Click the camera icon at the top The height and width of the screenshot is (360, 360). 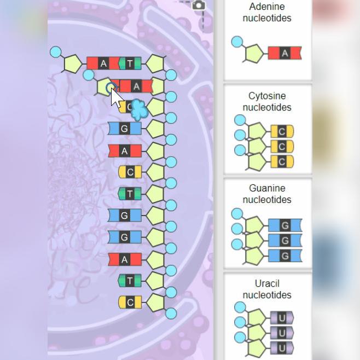[199, 5]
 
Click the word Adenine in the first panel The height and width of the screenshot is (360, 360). [267, 7]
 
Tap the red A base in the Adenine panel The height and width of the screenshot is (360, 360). [284, 53]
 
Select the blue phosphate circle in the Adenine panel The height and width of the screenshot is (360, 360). [237, 42]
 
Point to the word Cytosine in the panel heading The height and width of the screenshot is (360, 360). [267, 96]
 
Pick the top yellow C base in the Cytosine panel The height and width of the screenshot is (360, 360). [282, 131]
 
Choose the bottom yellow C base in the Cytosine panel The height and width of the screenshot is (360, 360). [282, 162]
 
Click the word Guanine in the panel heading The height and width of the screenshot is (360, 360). [267, 188]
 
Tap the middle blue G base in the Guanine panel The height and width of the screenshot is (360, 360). [284, 240]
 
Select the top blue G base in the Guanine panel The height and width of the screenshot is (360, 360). [284, 225]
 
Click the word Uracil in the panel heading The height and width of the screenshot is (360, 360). [267, 283]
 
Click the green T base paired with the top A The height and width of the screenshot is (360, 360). [130, 63]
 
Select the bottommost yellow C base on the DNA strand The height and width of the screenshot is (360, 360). [130, 302]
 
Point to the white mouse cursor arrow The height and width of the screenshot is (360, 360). [116, 98]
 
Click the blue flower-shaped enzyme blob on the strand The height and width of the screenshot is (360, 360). [140, 109]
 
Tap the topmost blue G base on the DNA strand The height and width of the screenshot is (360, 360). [124, 129]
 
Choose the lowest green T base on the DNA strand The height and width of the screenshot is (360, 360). [130, 281]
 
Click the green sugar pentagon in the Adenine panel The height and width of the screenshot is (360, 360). [254, 54]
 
